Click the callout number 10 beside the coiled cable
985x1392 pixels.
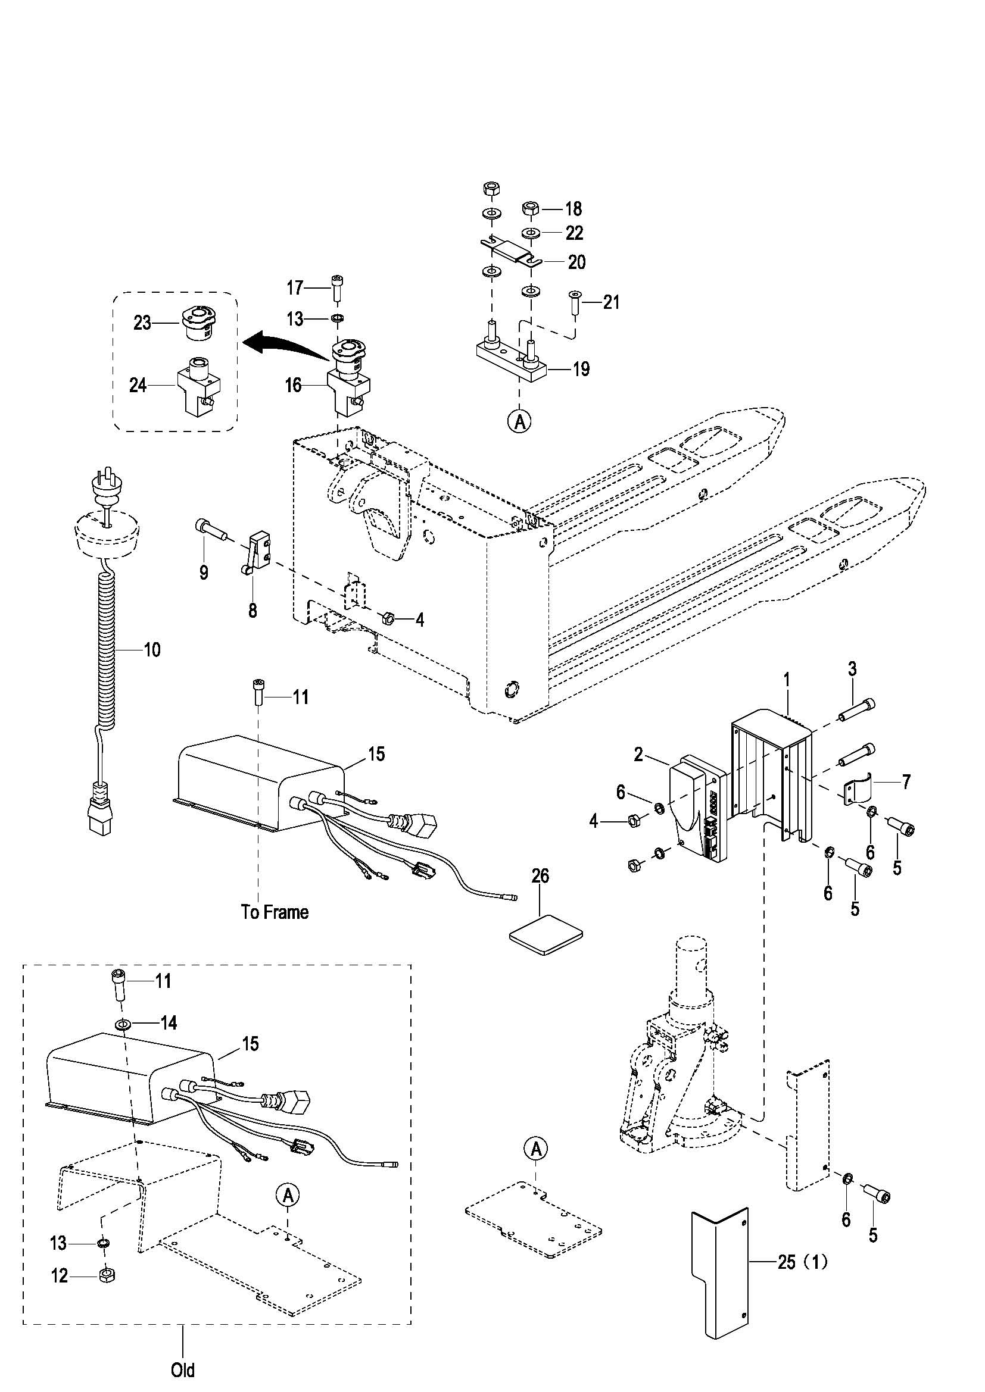tap(152, 650)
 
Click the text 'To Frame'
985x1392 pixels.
tap(275, 912)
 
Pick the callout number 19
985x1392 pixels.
tap(581, 368)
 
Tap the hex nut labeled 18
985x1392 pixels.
tap(532, 208)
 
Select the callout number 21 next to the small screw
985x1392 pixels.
tap(612, 302)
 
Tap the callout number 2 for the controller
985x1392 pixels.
tap(638, 755)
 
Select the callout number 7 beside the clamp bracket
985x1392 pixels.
tap(906, 782)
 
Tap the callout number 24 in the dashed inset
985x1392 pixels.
tap(138, 384)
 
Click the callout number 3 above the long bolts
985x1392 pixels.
tap(852, 670)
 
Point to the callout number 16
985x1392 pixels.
tap(294, 385)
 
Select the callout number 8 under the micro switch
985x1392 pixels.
tap(253, 610)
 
